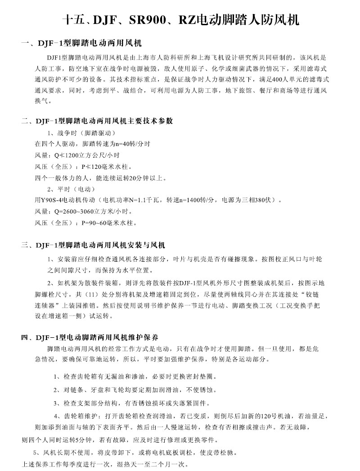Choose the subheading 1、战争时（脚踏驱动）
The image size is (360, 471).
[81, 133]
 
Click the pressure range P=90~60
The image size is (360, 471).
[95, 222]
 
